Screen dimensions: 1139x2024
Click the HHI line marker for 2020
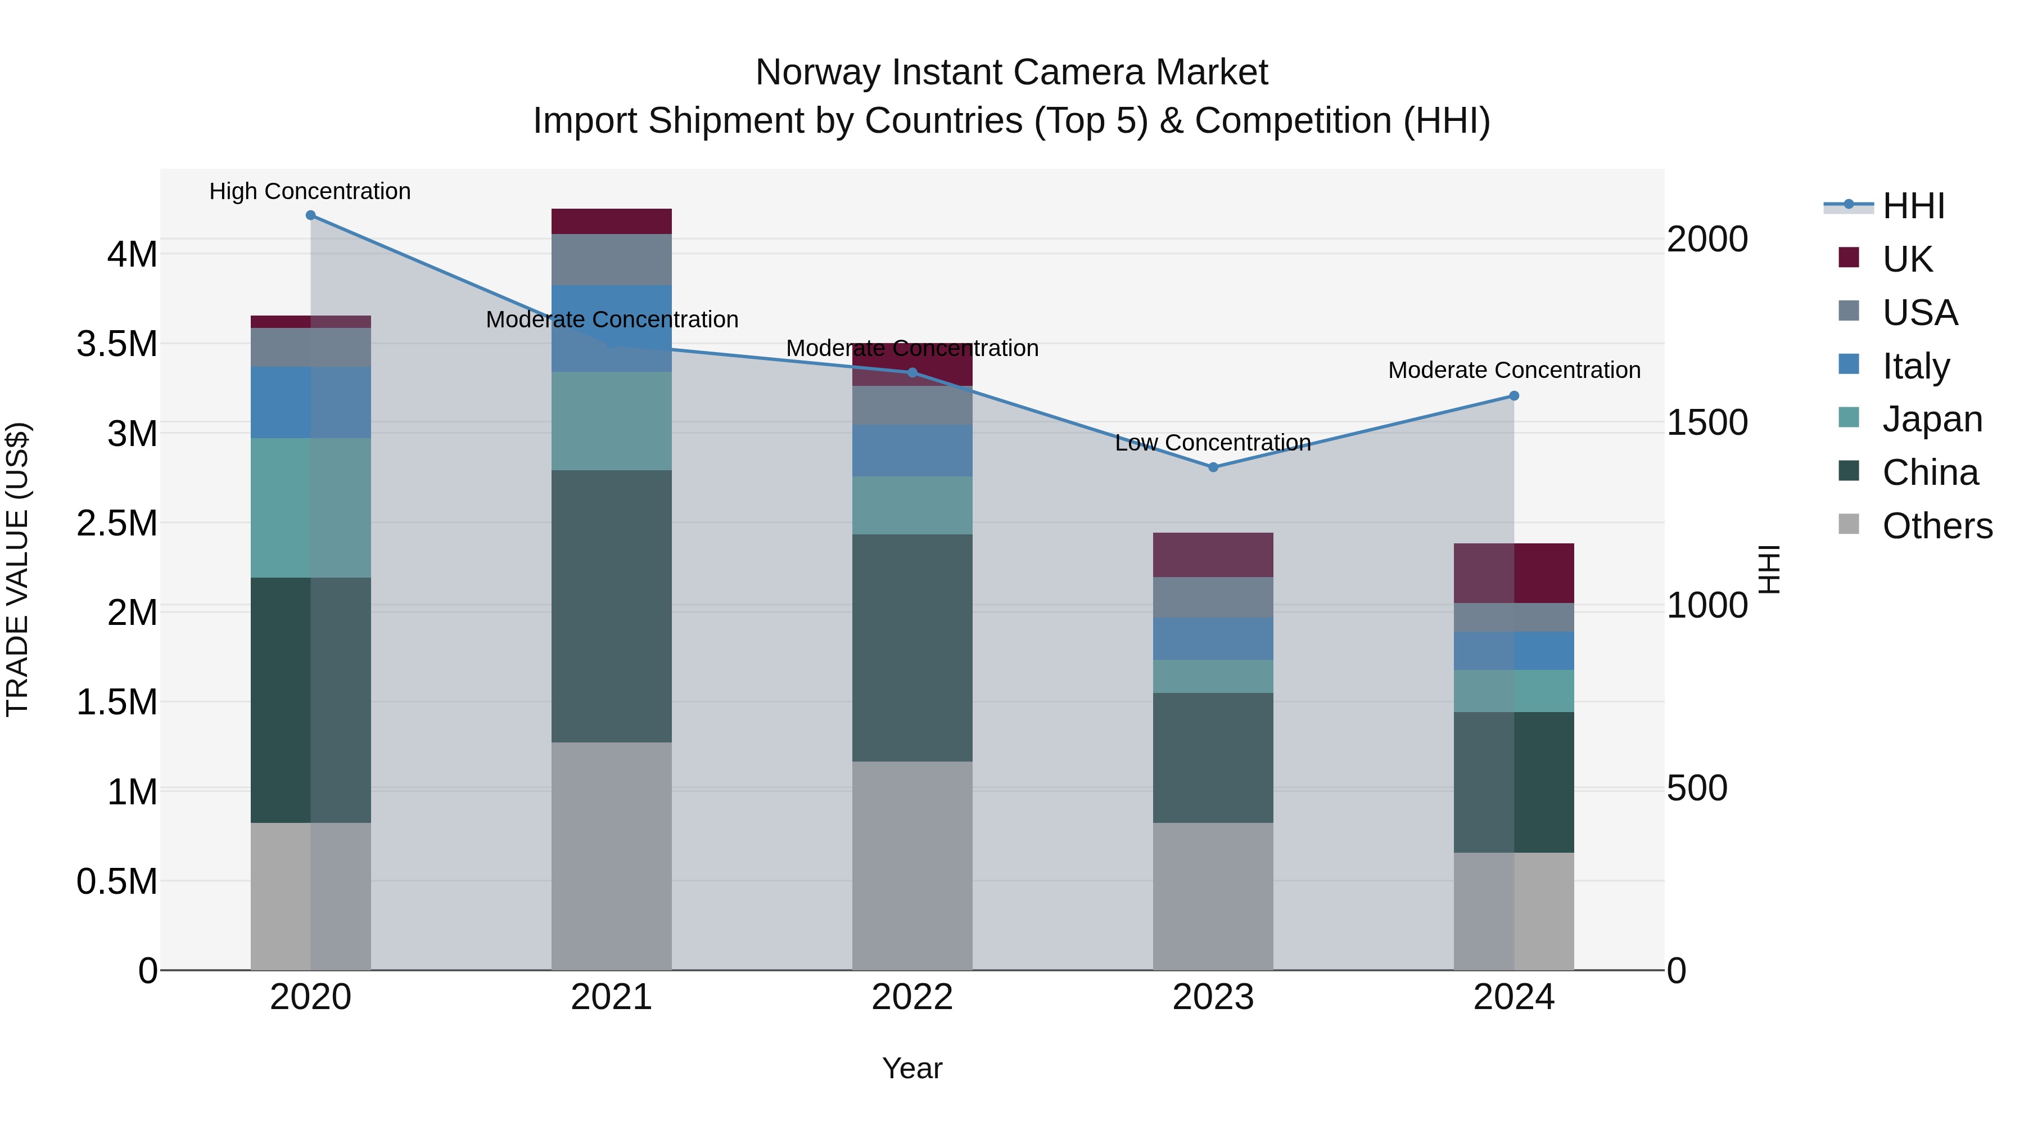[x=310, y=215]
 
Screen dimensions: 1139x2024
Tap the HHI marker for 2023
[x=1213, y=467]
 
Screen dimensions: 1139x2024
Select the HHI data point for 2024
[x=1514, y=396]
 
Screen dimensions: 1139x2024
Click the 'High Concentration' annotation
[x=310, y=191]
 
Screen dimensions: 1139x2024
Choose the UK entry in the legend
[x=1907, y=259]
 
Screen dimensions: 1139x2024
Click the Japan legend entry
[x=1932, y=419]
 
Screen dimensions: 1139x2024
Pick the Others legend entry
[x=1937, y=526]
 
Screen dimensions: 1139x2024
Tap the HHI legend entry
[x=1913, y=206]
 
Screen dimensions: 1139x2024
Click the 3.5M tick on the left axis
[x=117, y=344]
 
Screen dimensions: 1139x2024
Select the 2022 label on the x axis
[x=912, y=997]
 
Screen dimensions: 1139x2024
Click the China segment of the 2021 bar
[x=611, y=605]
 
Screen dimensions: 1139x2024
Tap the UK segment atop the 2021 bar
[x=611, y=221]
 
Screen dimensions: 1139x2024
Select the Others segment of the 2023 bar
[x=1213, y=896]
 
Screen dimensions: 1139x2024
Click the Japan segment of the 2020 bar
[x=310, y=508]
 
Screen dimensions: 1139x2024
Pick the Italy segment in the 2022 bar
[x=912, y=451]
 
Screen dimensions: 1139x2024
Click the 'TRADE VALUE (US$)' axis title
[x=17, y=569]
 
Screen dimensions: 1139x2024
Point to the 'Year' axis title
[x=912, y=1068]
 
